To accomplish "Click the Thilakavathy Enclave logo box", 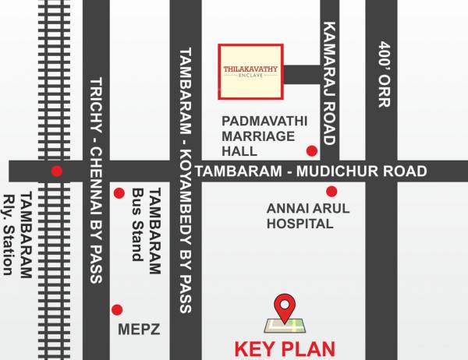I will coord(250,72).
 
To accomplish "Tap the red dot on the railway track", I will coord(55,171).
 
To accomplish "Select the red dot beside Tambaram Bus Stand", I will coord(119,193).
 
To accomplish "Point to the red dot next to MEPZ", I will coord(117,309).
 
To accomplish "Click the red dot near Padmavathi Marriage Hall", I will coord(312,150).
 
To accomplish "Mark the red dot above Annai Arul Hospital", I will coord(331,191).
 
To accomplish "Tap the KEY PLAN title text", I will coord(285,348).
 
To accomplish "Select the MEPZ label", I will coord(140,329).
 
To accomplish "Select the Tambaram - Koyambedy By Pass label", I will coord(186,179).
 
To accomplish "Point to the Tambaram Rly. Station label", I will coord(18,234).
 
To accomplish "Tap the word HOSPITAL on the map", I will coord(300,224).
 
